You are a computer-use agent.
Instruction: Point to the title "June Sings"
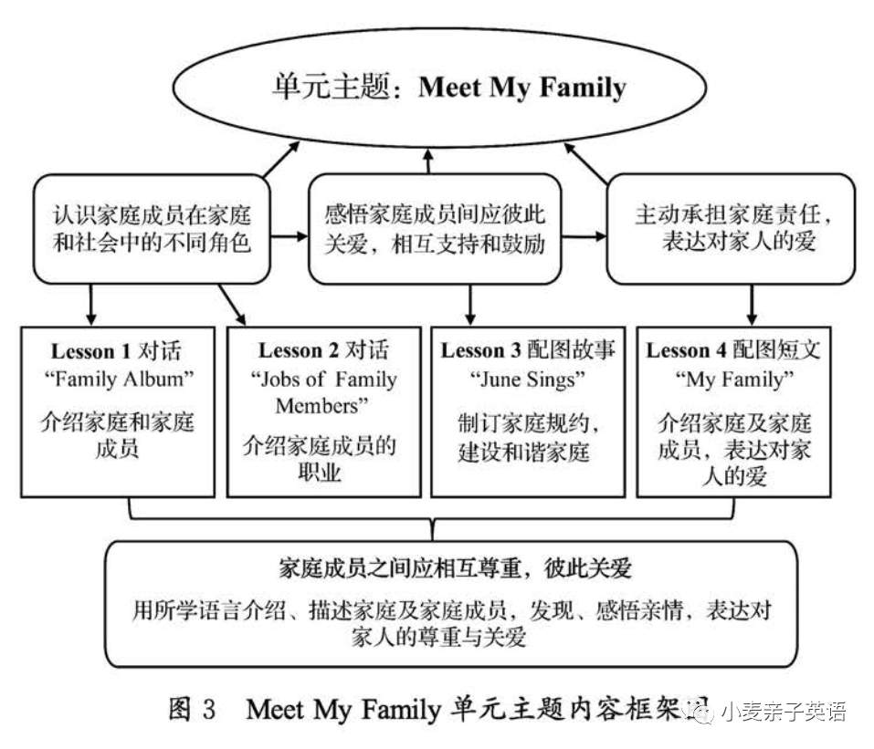pyautogui.click(x=528, y=378)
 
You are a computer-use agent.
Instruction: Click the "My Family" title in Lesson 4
pyautogui.click(x=733, y=378)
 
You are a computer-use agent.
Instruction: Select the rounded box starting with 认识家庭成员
pyautogui.click(x=151, y=228)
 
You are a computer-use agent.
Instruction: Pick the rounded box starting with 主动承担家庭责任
pyautogui.click(x=731, y=228)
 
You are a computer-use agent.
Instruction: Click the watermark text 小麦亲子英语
pyautogui.click(x=783, y=711)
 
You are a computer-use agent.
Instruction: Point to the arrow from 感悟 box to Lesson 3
pyautogui.click(x=469, y=304)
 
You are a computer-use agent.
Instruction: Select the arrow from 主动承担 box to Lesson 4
pyautogui.click(x=753, y=304)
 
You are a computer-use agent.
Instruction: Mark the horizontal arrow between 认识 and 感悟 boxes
pyautogui.click(x=289, y=237)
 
